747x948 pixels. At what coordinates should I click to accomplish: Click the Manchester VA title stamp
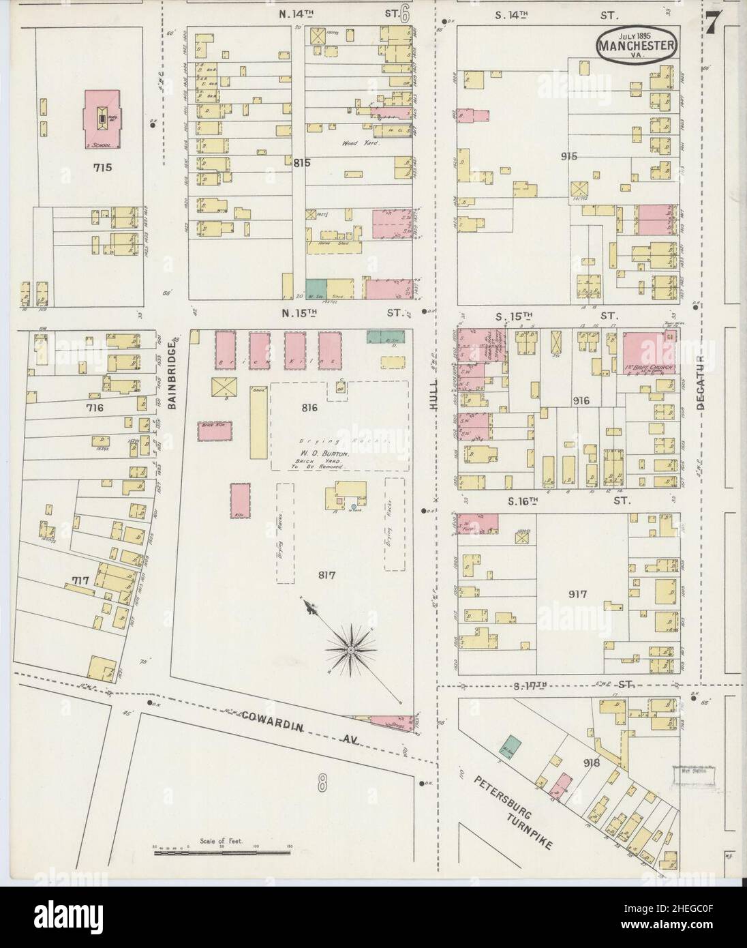coord(638,45)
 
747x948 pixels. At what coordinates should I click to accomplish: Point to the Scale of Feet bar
coord(222,850)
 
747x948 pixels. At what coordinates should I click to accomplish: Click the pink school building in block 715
coord(102,119)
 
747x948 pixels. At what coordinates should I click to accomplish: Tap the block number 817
coord(328,574)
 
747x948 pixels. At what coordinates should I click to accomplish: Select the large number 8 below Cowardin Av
coord(322,784)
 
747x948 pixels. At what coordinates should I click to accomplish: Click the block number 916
coord(581,401)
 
